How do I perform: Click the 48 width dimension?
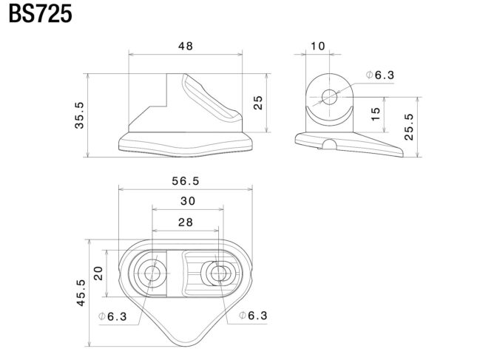[x=186, y=47]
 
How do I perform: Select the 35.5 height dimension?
[x=79, y=115]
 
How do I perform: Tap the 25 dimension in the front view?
[x=258, y=103]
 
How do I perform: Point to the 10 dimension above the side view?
[x=317, y=47]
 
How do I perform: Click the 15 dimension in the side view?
[x=375, y=114]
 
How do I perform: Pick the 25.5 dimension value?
[x=409, y=126]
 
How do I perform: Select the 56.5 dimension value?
[x=186, y=181]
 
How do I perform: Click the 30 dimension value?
[x=188, y=201]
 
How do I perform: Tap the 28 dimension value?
[x=186, y=223]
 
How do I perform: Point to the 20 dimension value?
[x=98, y=274]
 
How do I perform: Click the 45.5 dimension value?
[x=81, y=293]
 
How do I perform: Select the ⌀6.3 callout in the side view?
[x=379, y=75]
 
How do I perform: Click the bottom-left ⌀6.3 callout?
[x=112, y=316]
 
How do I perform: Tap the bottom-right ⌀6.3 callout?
[x=253, y=316]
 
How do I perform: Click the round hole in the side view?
[x=330, y=97]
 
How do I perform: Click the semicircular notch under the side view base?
[x=330, y=144]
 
